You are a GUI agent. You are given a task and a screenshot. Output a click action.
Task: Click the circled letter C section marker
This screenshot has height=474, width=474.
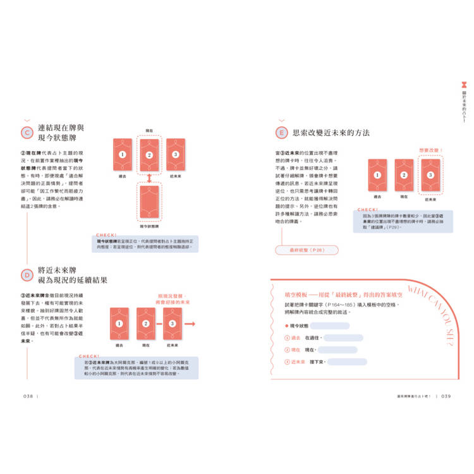[27, 132]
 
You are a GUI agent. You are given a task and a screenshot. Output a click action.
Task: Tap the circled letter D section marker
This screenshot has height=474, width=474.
[27, 275]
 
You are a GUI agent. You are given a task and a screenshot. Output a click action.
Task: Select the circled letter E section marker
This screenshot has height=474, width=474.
[283, 133]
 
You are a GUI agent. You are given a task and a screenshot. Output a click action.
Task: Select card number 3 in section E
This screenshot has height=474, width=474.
[430, 175]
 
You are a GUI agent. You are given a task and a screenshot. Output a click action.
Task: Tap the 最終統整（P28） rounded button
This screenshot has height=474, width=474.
[307, 250]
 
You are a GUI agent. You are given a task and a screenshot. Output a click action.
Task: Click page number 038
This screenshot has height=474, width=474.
[28, 397]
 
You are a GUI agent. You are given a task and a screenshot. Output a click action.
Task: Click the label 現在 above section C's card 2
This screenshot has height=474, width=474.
[149, 130]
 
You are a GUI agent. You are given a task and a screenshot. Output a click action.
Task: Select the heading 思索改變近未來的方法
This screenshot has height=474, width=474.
[331, 133]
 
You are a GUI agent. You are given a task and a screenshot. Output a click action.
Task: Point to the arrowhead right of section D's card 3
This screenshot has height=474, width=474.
[191, 324]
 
